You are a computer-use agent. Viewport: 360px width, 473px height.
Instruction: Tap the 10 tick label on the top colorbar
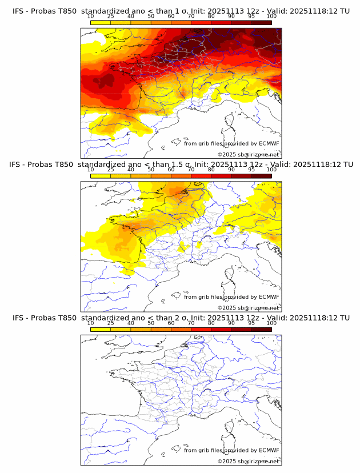coord(91,17)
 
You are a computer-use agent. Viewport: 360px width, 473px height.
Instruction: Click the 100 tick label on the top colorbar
coord(271,17)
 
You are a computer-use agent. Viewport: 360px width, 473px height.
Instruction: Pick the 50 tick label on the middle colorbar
coord(151,170)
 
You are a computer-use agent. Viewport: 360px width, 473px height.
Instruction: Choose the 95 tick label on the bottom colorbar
coord(251,323)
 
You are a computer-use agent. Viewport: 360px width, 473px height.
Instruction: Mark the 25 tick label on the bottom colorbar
coord(110,323)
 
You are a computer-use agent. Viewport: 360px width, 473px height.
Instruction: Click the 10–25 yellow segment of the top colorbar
coord(101,22)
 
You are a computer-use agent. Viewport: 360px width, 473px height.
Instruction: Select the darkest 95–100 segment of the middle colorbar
coord(261,175)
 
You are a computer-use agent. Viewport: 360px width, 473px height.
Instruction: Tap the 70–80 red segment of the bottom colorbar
coord(201,329)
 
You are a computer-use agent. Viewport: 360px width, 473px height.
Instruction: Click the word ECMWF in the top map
coord(269,144)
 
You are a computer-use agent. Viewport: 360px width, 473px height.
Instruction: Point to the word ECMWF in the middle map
coord(269,297)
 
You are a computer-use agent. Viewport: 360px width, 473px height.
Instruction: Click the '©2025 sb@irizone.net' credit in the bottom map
coord(248,461)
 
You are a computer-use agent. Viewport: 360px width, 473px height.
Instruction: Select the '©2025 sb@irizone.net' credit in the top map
coord(248,155)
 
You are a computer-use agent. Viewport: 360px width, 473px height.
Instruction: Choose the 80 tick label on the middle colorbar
coord(211,170)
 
